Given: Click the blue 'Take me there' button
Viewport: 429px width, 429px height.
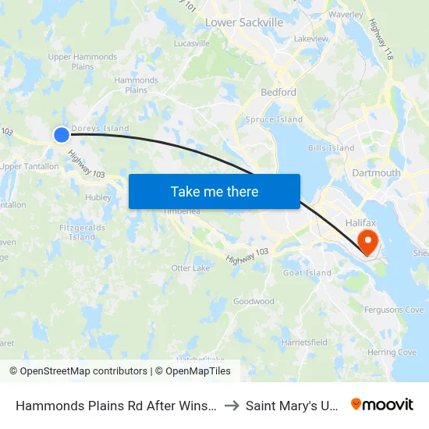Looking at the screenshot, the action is tap(214, 191).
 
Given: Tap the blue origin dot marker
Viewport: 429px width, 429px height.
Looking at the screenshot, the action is tap(62, 135).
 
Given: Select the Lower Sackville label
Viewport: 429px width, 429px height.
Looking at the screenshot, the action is tap(244, 23).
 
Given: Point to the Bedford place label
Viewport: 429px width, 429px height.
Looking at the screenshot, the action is tap(278, 92).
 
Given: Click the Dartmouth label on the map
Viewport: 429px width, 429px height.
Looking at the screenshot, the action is tap(376, 173).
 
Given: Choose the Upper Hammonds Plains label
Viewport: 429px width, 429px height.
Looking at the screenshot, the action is tap(83, 62).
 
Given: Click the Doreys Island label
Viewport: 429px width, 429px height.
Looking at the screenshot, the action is tap(100, 129).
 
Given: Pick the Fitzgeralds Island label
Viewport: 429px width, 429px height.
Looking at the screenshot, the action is tap(83, 232).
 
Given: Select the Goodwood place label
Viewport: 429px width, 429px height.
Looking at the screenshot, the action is tap(253, 301).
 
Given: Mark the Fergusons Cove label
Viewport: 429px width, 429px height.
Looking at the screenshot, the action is tap(393, 310).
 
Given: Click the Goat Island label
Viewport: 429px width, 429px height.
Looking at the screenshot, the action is tap(307, 273).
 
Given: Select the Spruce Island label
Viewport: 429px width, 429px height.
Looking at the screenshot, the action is tap(274, 119).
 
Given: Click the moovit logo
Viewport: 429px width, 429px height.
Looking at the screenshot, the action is tap(382, 405).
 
